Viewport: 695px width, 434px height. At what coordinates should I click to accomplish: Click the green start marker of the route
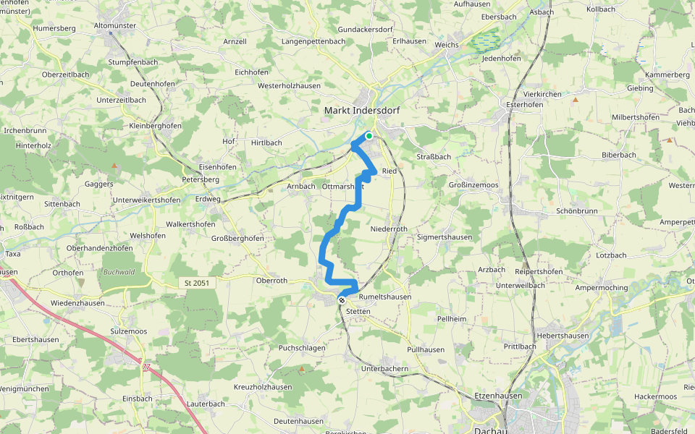[x=369, y=135]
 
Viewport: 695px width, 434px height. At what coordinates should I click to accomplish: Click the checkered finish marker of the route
[x=341, y=299]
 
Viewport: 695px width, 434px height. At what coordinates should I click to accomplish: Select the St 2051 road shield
[x=198, y=283]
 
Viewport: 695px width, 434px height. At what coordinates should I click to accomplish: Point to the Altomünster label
[x=116, y=25]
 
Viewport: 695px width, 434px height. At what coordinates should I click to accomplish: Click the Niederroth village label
[x=389, y=229]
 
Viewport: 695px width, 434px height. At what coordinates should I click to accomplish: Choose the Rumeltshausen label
[x=385, y=297]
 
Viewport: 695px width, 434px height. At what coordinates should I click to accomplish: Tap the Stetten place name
[x=358, y=311]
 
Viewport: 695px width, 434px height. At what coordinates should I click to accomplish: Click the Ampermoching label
[x=601, y=287]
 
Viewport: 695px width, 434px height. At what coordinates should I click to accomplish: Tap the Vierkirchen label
[x=543, y=94]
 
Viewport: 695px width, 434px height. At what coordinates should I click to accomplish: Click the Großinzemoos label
[x=473, y=185]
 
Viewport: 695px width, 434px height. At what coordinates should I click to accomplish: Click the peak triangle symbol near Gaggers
[x=114, y=166]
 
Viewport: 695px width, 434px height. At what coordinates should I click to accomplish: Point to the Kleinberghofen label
[x=156, y=125]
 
